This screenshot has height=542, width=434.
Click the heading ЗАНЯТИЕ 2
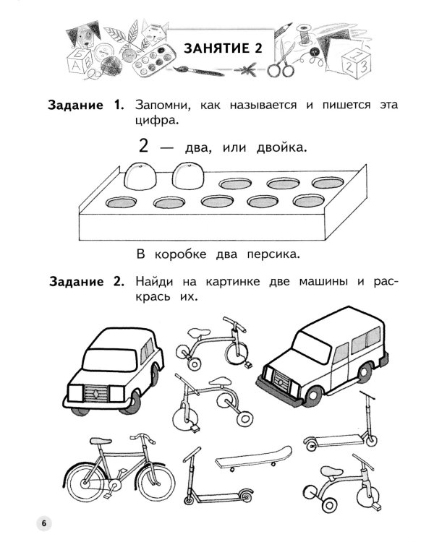coord(221,48)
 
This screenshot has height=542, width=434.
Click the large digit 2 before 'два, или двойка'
coord(143,146)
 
